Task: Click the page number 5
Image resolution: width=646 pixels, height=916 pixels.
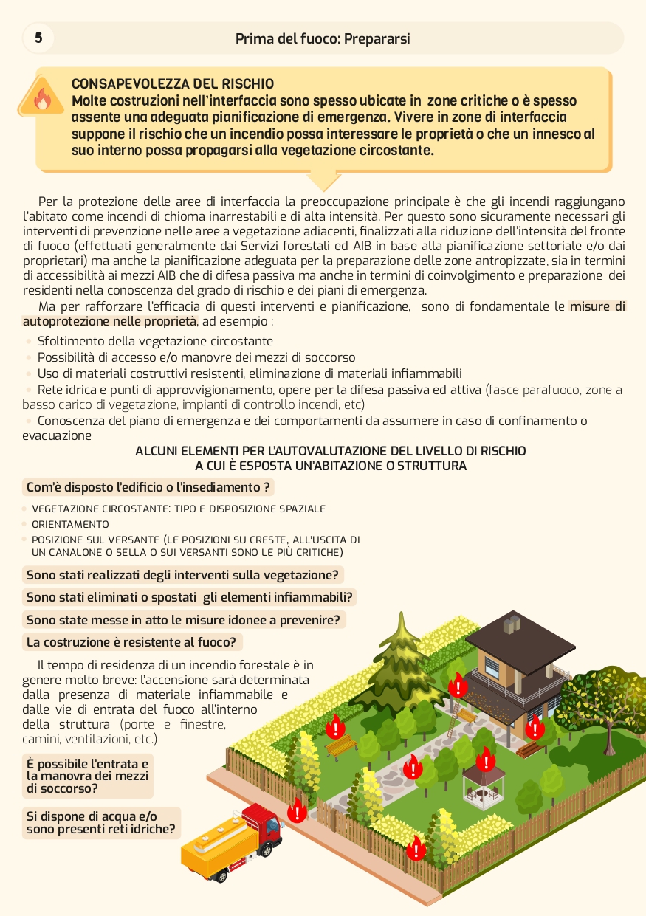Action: pyautogui.click(x=38, y=38)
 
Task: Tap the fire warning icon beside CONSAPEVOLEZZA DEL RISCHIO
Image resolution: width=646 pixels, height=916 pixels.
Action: pyautogui.click(x=42, y=98)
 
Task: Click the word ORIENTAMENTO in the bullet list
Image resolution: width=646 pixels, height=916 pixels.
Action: pyautogui.click(x=70, y=524)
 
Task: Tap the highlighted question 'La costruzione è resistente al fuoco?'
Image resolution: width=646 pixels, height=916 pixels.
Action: pyautogui.click(x=131, y=642)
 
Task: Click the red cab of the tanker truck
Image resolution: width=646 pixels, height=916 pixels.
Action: pyautogui.click(x=262, y=824)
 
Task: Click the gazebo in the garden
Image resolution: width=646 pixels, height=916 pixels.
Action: pyautogui.click(x=484, y=784)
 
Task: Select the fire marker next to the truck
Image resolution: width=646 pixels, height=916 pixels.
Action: pyautogui.click(x=297, y=810)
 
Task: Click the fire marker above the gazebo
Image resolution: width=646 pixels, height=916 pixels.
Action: pyautogui.click(x=485, y=758)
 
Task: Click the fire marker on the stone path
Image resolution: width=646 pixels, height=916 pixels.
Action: pyautogui.click(x=413, y=767)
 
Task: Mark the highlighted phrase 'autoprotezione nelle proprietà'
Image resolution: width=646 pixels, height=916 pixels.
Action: pyautogui.click(x=110, y=321)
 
